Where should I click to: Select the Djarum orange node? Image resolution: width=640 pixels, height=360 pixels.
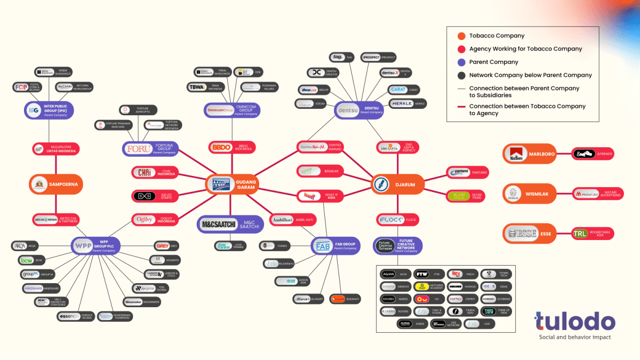click(x=397, y=185)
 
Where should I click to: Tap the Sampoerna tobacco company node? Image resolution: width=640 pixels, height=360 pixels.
click(x=55, y=184)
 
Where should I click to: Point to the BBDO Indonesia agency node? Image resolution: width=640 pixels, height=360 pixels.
click(x=231, y=147)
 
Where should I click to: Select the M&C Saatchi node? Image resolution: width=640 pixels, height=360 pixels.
click(x=230, y=225)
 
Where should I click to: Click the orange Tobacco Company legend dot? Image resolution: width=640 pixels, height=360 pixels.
click(x=461, y=36)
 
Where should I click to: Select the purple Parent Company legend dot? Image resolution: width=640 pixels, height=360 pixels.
click(x=461, y=62)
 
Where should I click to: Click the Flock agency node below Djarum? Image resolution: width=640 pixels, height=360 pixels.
click(x=397, y=219)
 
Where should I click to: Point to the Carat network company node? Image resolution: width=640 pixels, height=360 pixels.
click(x=407, y=90)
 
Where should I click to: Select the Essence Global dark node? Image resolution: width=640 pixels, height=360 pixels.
click(x=76, y=316)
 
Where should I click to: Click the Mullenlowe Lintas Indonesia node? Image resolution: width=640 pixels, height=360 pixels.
click(x=55, y=149)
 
